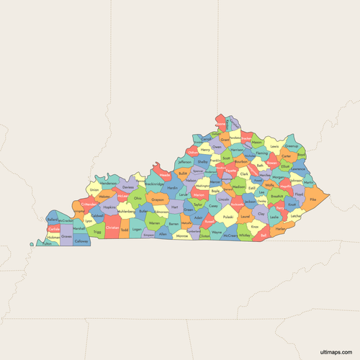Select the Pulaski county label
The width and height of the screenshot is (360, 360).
228,216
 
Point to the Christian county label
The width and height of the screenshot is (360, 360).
112,228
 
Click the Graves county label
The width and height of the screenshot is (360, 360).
66,235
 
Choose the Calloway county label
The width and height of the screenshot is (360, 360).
81,242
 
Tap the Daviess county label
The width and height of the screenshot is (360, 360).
128,186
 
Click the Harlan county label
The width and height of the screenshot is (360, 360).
280,228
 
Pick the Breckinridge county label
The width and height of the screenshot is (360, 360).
154,184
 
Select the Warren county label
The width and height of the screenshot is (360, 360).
154,223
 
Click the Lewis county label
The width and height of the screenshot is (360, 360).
274,146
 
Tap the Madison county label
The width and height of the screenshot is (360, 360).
239,185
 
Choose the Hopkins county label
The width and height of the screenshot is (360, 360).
109,207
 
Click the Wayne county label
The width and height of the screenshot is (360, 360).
216,233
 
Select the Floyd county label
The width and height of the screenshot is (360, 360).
299,194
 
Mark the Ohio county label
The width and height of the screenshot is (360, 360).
137,199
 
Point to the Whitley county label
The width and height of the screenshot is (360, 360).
245,235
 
